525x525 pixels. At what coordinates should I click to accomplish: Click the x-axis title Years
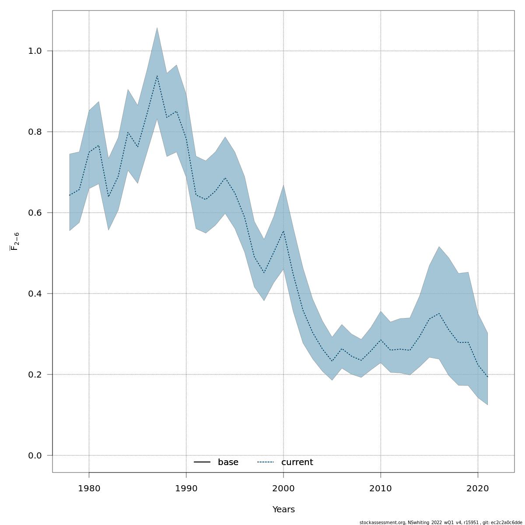(x=283, y=510)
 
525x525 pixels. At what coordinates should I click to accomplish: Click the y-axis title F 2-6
(x=15, y=241)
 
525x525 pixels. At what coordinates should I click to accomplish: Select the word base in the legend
(x=228, y=462)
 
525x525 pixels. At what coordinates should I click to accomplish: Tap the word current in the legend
(x=297, y=462)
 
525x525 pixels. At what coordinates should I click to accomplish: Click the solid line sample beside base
(x=202, y=462)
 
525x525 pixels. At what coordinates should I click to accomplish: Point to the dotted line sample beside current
(x=265, y=462)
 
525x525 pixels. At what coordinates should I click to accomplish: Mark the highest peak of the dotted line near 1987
(x=157, y=75)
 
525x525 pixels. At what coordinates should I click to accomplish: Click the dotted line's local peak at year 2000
(x=283, y=231)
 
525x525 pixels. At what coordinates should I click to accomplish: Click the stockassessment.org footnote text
(x=441, y=522)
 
